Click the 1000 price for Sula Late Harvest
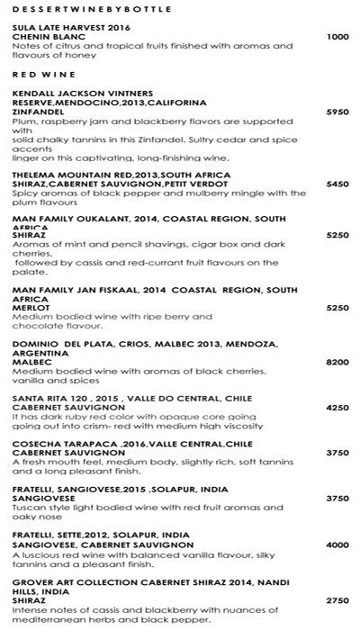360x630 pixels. click(x=337, y=37)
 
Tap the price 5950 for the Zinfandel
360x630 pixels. click(x=337, y=112)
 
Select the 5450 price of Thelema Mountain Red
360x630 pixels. click(x=337, y=184)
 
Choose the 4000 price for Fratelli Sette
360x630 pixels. click(x=337, y=545)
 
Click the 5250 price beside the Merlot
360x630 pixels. click(x=337, y=307)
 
